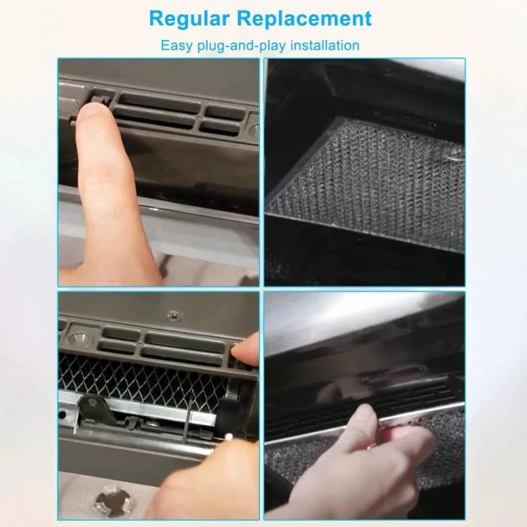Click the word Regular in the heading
pyautogui.click(x=189, y=19)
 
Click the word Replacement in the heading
pyautogui.click(x=304, y=18)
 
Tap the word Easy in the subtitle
pyautogui.click(x=176, y=46)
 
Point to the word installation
pyautogui.click(x=325, y=45)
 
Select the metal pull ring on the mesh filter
pyautogui.click(x=453, y=153)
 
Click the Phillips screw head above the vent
pyautogui.click(x=175, y=315)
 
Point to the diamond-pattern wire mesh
pyautogui.click(x=141, y=379)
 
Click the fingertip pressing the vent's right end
pyautogui.click(x=245, y=349)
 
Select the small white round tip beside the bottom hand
pyautogui.click(x=229, y=436)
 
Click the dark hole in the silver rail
pyautogui.click(x=62, y=414)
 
